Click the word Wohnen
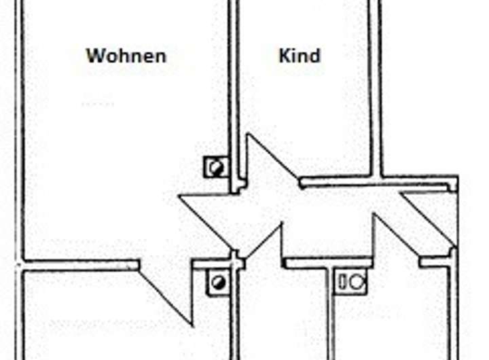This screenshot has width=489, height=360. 126,56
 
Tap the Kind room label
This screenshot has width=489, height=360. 300,56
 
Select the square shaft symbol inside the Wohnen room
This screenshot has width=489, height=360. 217,167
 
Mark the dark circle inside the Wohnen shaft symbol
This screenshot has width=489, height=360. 218,167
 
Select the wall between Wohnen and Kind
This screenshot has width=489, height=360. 233,88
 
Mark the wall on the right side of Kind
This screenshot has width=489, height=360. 376,88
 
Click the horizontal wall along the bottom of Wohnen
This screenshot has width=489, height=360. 81,264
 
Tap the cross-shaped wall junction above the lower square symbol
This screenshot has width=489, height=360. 236,259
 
